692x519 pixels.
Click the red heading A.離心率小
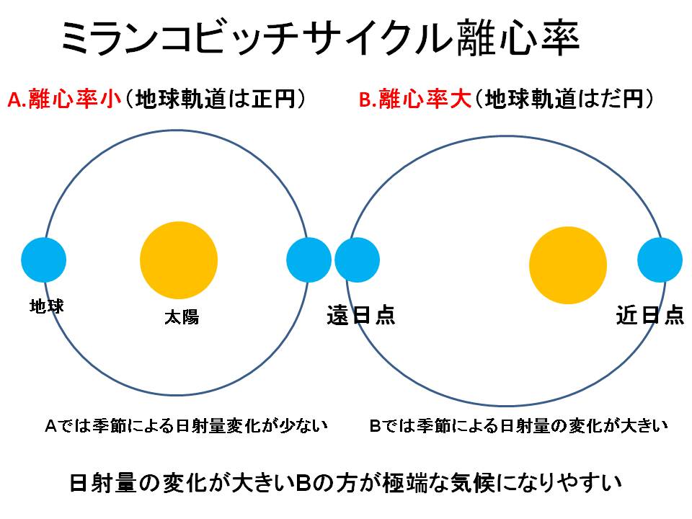click(x=64, y=100)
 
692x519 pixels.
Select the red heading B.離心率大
click(x=415, y=100)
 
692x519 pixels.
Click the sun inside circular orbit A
click(x=178, y=259)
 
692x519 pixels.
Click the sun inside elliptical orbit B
click(x=567, y=265)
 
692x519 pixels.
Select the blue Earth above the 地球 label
click(x=43, y=259)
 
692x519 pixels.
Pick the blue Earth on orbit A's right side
click(x=309, y=259)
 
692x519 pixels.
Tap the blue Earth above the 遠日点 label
click(x=358, y=259)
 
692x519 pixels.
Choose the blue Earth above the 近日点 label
click(x=660, y=259)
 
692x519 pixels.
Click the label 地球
click(x=47, y=306)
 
